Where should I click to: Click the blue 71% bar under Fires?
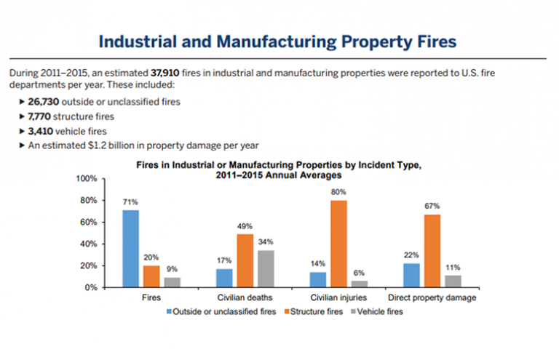pyautogui.click(x=130, y=248)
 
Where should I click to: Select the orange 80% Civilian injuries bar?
pyautogui.click(x=338, y=244)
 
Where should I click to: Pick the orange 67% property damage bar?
pyautogui.click(x=432, y=250)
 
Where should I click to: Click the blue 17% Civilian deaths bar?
pyautogui.click(x=225, y=278)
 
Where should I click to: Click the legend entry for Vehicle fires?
pyautogui.click(x=376, y=311)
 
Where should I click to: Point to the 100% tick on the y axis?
pyautogui.click(x=87, y=179)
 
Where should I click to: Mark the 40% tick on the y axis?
pyautogui.click(x=89, y=244)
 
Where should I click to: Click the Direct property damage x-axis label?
pyautogui.click(x=432, y=298)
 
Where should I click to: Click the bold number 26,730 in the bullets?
pyautogui.click(x=43, y=102)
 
